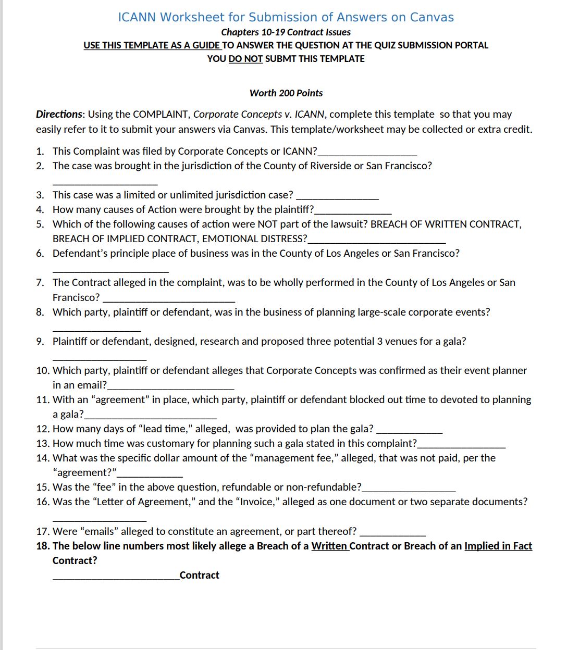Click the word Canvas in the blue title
tap(432, 17)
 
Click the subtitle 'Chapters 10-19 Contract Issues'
tap(286, 32)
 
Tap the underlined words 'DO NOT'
tap(245, 59)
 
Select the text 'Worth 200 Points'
tap(286, 93)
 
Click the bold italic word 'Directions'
tap(59, 114)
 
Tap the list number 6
tap(40, 253)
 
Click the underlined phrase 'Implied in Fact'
tap(498, 546)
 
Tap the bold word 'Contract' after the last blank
tap(199, 575)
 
